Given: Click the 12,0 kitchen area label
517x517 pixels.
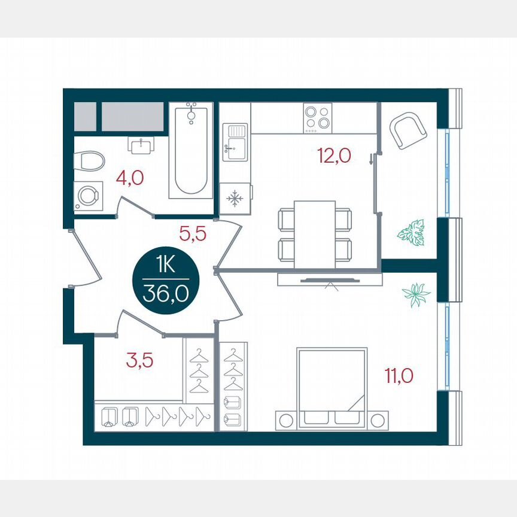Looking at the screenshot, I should (x=334, y=156).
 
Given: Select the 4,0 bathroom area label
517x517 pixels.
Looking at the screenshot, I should (x=129, y=178).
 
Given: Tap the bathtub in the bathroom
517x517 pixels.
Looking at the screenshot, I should (x=190, y=150).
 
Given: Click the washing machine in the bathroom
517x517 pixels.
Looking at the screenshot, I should (x=89, y=196).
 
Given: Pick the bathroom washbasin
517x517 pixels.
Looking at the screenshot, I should (x=141, y=144).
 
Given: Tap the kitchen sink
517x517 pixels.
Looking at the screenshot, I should (x=235, y=142).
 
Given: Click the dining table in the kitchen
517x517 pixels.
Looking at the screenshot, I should (x=314, y=234).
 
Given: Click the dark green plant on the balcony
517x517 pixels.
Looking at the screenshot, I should (x=411, y=232).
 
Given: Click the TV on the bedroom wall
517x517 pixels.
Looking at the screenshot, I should (x=330, y=279).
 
